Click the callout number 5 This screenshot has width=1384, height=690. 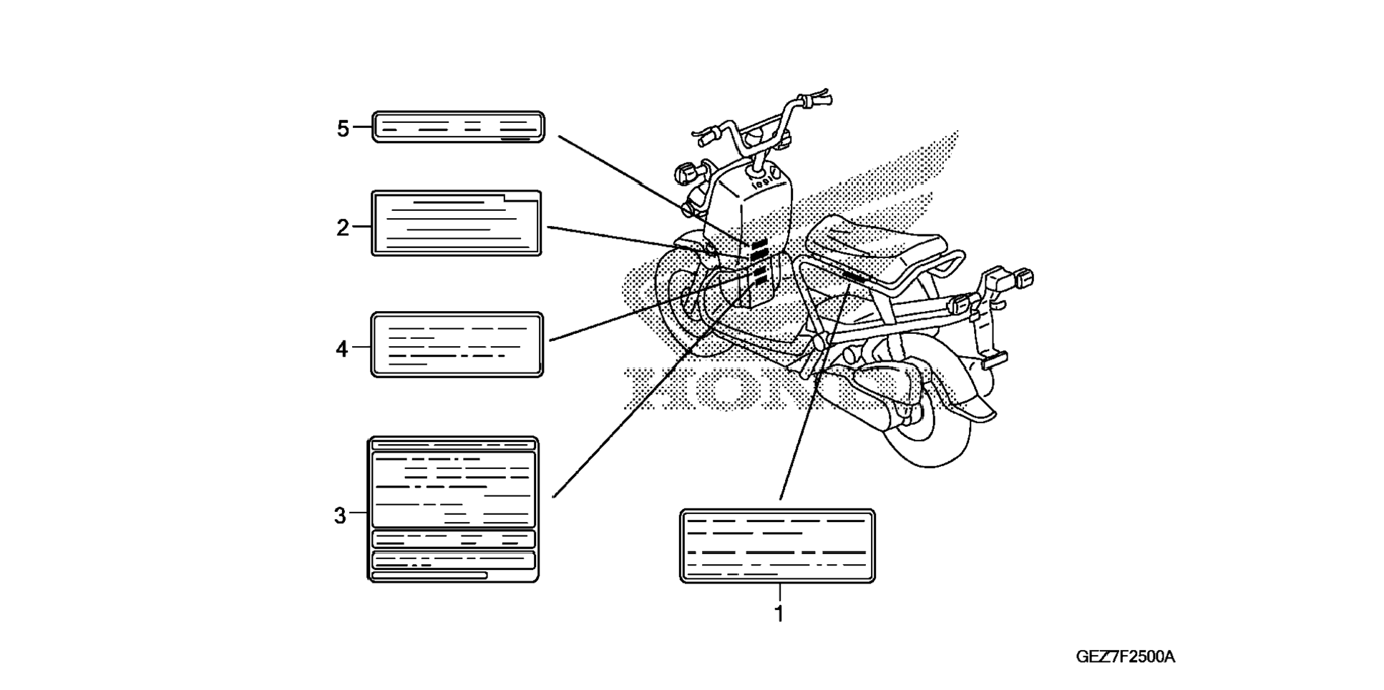pos(343,129)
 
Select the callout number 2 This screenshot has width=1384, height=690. pos(343,227)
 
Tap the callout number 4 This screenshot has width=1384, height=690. pos(342,349)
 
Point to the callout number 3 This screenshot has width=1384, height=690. pos(340,515)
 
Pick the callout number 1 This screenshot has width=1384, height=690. pos(779,613)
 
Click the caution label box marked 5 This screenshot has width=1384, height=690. pos(458,127)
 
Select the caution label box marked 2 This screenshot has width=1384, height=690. pos(457,223)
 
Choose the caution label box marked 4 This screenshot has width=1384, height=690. pos(457,345)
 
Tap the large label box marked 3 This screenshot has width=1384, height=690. pos(453,509)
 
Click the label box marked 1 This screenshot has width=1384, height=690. pos(777,546)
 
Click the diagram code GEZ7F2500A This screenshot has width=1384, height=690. pos(1125,656)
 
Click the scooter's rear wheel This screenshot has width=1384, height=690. pos(930,429)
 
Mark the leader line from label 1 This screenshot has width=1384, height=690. pos(812,393)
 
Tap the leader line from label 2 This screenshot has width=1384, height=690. pos(630,240)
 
